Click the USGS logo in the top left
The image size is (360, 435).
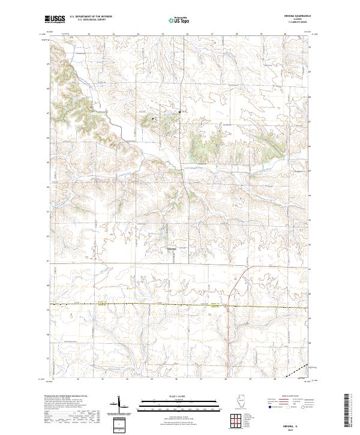(x=55, y=19)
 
